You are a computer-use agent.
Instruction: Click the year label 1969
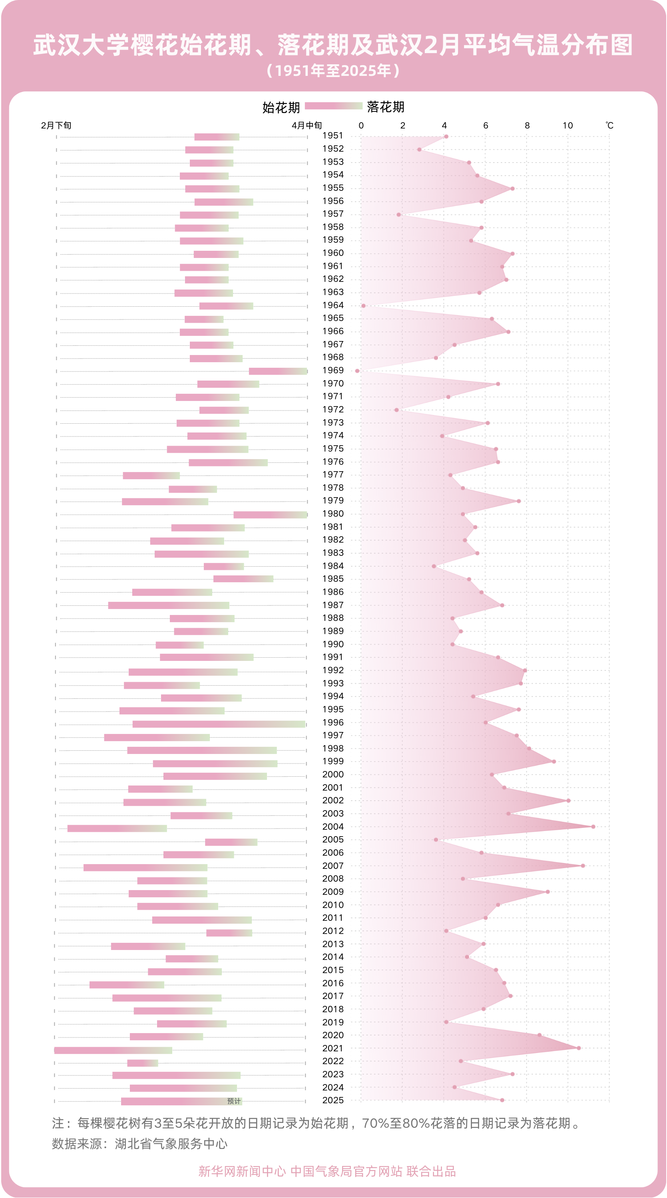tap(333, 370)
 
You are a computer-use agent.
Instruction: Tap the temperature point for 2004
tap(593, 826)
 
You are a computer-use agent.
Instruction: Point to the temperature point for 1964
tap(364, 305)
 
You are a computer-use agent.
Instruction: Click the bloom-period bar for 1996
tap(219, 724)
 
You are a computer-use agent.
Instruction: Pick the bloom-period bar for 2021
tap(113, 1050)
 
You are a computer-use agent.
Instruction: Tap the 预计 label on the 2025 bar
tap(234, 1101)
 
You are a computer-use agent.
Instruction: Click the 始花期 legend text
tap(281, 107)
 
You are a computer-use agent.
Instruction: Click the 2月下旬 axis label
tap(56, 125)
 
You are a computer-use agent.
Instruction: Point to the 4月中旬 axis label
tap(307, 125)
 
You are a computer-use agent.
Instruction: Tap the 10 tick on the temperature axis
tap(567, 125)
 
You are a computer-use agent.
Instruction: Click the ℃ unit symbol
tap(609, 125)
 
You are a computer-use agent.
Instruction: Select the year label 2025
tap(333, 1100)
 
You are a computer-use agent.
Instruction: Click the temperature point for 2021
tap(579, 1048)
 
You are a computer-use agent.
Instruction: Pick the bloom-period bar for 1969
tap(278, 371)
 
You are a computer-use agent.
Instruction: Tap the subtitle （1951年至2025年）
tap(333, 71)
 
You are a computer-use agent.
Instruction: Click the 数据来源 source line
tap(139, 1144)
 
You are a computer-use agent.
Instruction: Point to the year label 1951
tap(333, 135)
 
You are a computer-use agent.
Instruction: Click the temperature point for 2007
tap(583, 865)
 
